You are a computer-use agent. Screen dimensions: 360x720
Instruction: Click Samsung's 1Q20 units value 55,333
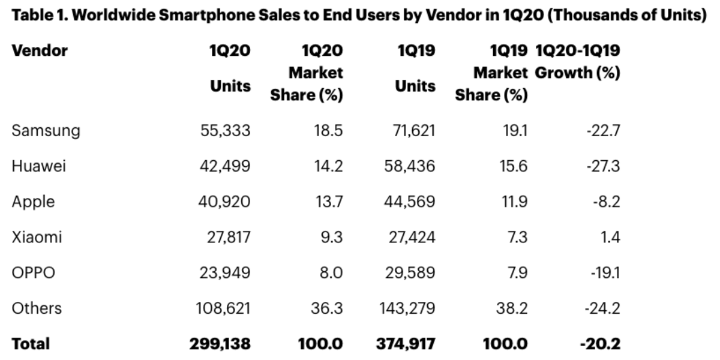coord(224,130)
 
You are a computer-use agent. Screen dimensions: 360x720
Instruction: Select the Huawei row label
coord(38,166)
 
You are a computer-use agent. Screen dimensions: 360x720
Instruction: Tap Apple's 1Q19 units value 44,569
coord(409,202)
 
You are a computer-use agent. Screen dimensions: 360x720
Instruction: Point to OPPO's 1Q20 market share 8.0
coord(329,272)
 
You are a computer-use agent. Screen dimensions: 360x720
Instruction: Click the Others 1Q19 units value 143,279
coord(407,308)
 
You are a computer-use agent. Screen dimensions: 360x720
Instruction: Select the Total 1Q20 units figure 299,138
coord(220,344)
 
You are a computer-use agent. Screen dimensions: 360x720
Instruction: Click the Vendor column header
coord(40,50)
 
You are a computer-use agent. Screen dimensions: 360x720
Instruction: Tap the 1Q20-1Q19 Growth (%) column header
coord(577,62)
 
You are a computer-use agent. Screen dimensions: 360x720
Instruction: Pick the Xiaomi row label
coord(37,237)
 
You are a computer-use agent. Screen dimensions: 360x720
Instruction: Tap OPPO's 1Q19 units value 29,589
coord(410,272)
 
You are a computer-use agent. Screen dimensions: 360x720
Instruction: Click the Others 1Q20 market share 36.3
coord(327,308)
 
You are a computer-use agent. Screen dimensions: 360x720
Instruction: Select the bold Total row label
coord(31,344)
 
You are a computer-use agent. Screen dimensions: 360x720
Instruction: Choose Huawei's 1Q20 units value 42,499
coord(224,166)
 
